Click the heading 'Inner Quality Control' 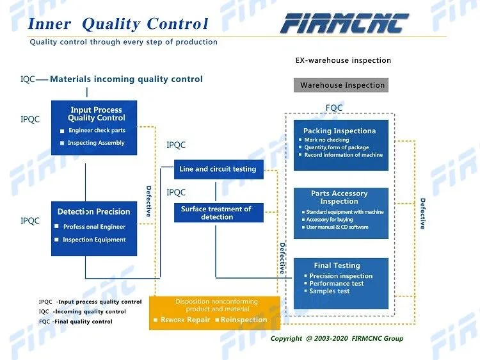click(x=118, y=24)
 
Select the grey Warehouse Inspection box click(x=342, y=85)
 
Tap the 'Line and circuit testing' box click(x=218, y=169)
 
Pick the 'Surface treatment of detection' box click(x=218, y=213)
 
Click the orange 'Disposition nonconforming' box click(x=215, y=313)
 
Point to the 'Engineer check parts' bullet click(x=97, y=131)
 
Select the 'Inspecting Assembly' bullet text click(x=96, y=143)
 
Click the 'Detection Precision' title click(x=93, y=211)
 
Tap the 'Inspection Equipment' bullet click(x=94, y=240)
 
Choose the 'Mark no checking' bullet click(x=326, y=140)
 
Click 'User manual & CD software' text click(x=337, y=227)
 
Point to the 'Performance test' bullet click(x=336, y=284)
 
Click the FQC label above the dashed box click(x=334, y=108)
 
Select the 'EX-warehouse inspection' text click(x=342, y=60)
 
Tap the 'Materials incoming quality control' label click(x=126, y=79)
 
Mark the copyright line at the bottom click(x=337, y=338)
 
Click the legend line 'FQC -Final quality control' click(x=76, y=322)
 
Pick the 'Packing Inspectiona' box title click(x=339, y=131)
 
